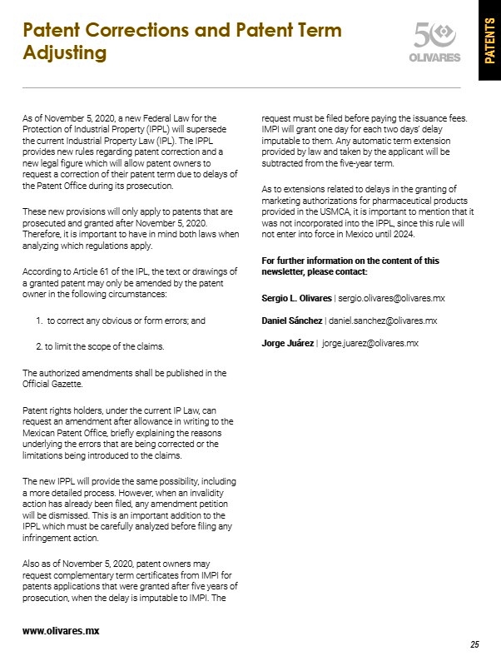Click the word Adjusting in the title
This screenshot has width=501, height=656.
(x=65, y=53)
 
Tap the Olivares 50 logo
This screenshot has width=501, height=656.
(x=436, y=42)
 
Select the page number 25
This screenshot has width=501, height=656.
(x=474, y=644)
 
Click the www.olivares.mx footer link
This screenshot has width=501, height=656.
(x=61, y=631)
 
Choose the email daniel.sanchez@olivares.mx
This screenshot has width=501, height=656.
(x=386, y=320)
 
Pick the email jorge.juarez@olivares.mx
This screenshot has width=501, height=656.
(x=370, y=343)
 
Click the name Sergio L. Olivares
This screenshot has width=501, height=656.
(x=296, y=297)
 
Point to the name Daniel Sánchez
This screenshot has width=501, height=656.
(x=291, y=320)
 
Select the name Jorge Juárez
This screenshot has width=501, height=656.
(x=288, y=343)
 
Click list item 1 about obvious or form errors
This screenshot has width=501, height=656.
(x=121, y=320)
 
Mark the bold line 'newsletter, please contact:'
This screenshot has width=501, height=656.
(x=315, y=272)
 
